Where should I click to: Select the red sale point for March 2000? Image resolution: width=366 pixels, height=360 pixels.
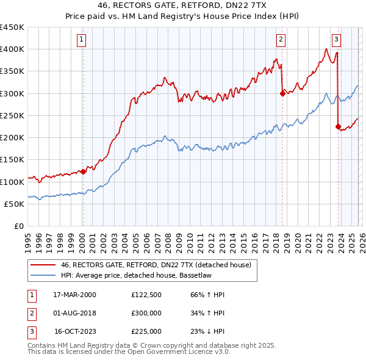(x=84, y=171)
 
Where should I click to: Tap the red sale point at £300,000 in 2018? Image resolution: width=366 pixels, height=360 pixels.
(x=282, y=93)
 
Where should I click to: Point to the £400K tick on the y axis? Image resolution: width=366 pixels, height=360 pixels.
(x=12, y=49)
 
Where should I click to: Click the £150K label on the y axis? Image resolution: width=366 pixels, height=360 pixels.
(x=12, y=160)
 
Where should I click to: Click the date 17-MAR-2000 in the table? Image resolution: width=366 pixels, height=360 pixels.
(x=75, y=295)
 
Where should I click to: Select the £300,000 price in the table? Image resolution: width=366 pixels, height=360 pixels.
(x=146, y=313)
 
